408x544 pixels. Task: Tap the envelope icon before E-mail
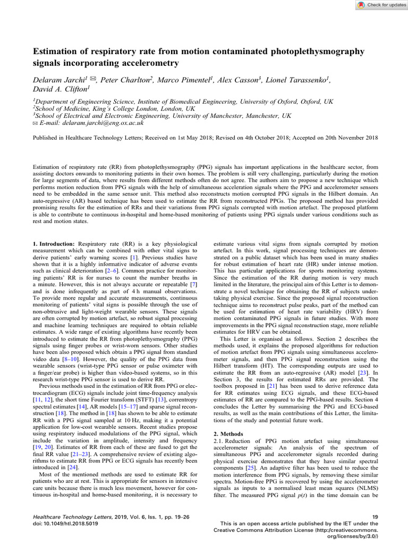pos(35,123)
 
